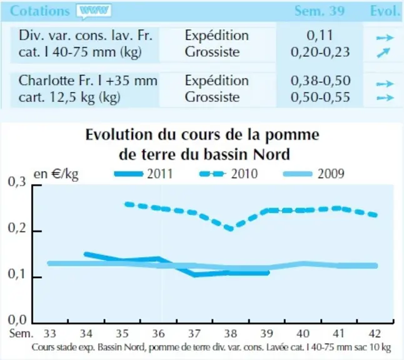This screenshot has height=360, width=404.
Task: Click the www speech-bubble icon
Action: coord(94,11)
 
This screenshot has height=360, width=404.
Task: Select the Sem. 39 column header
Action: coord(320,11)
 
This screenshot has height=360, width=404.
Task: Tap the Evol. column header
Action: coord(385,11)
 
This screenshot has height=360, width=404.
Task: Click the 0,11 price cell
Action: coord(320,35)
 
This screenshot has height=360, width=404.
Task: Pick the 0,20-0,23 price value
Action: coord(320,52)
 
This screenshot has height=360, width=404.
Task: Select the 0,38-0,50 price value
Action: coord(321,81)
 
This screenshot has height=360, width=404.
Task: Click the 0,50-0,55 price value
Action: coord(321,97)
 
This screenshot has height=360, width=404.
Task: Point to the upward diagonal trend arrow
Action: coord(383,52)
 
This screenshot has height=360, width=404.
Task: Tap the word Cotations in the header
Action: coord(40,11)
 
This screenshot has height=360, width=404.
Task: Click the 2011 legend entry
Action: coord(143,174)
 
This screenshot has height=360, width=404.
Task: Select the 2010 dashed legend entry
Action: coord(228,174)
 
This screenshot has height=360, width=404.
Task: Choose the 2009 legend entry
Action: coord(313,174)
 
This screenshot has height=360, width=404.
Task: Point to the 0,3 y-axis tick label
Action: coord(18,182)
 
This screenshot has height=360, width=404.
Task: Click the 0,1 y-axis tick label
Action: coord(18,274)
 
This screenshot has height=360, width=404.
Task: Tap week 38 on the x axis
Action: coord(231,334)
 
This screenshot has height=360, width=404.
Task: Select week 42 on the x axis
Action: coord(375,334)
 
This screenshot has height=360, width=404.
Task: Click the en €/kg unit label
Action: coord(56,174)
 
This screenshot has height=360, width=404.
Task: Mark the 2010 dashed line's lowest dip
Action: coord(231,228)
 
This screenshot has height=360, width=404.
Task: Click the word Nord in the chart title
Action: coord(271,154)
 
